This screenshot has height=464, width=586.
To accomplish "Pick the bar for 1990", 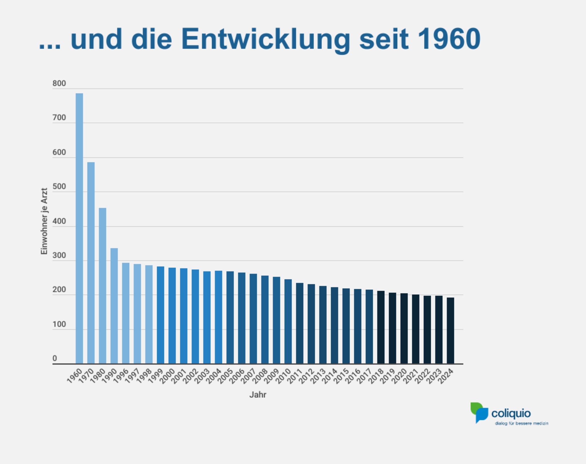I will [x=114, y=306].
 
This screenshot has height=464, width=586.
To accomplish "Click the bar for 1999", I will [x=161, y=315].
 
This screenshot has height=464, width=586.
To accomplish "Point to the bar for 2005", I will [x=230, y=317].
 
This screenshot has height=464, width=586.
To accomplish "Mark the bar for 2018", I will [x=381, y=327].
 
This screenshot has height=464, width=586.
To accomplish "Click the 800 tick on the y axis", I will [x=59, y=83].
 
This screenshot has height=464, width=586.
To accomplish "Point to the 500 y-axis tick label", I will [x=59, y=187].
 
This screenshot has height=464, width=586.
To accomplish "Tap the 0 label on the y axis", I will [x=55, y=359].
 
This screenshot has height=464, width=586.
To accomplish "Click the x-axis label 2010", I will [x=283, y=377].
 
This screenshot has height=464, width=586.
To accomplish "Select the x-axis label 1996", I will [x=121, y=377].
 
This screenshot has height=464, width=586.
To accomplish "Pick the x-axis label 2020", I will [x=399, y=377].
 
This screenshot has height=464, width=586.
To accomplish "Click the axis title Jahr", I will [x=258, y=395].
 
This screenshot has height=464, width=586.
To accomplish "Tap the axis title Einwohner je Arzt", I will [x=44, y=221].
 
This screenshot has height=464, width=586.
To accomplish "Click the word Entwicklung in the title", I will [x=266, y=39].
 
